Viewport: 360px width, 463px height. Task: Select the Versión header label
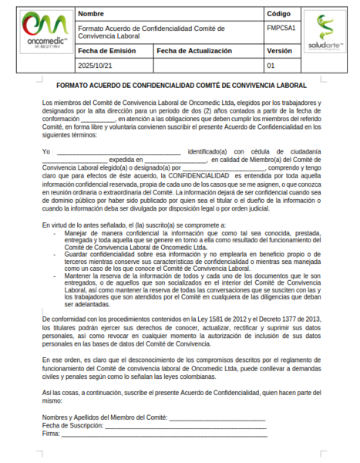click(x=279, y=51)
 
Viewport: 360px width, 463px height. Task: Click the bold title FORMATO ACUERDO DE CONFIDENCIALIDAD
click(x=181, y=85)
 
